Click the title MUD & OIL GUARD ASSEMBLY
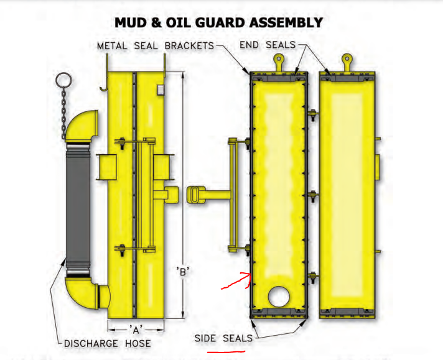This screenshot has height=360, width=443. tap(218, 23)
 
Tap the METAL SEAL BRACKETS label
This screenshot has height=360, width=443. tap(156, 46)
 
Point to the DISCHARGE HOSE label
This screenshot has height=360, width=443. tap(108, 343)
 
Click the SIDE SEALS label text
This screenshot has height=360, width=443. tap(223, 338)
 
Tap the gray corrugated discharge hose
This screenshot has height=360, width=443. tap(78, 211)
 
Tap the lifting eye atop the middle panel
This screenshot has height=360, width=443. tap(278, 61)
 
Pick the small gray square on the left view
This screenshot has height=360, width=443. tap(160, 90)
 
